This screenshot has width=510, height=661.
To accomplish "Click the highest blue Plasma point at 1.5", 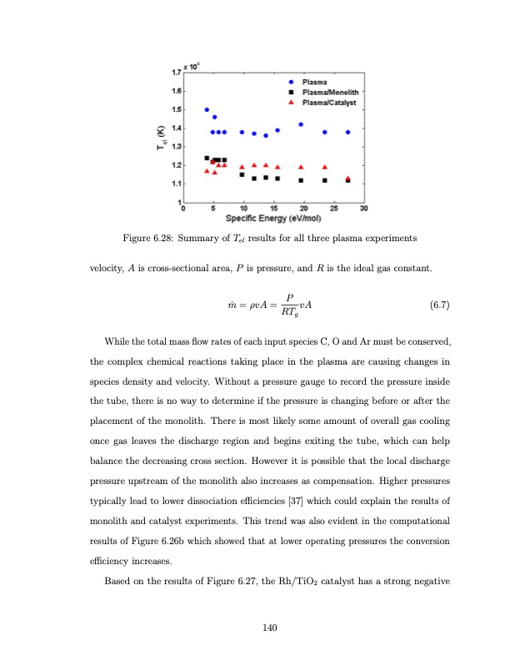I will (207, 109).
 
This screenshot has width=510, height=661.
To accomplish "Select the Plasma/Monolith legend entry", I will (325, 92).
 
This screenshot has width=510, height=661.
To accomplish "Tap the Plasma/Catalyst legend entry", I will (325, 102).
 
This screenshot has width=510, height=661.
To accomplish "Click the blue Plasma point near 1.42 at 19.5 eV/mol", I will (301, 124).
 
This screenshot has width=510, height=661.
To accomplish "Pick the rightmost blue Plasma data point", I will (347, 132).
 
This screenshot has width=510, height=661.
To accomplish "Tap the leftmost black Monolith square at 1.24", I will (207, 158).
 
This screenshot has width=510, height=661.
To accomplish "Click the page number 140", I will (268, 627).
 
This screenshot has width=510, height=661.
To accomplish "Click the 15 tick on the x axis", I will (272, 208).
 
